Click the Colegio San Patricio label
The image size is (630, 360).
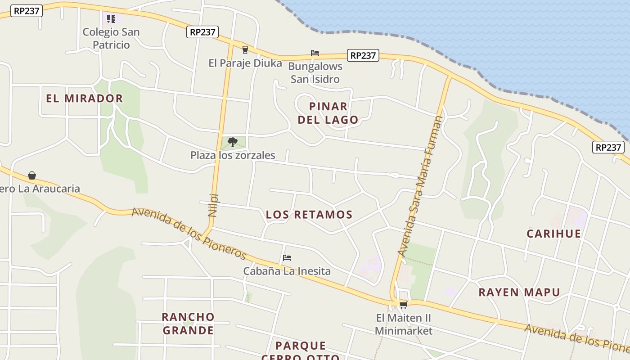pyautogui.click(x=111, y=38)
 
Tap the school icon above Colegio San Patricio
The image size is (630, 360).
pyautogui.click(x=111, y=19)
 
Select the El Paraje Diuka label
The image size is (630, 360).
pyautogui.click(x=245, y=63)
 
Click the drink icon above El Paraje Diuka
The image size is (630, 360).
pyautogui.click(x=245, y=49)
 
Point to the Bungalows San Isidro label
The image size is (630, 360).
pyautogui.click(x=315, y=72)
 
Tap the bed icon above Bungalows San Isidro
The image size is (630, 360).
pyautogui.click(x=315, y=53)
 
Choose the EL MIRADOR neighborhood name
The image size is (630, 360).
pyautogui.click(x=85, y=99)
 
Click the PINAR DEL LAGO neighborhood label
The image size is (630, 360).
pyautogui.click(x=328, y=113)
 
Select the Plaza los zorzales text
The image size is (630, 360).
pyautogui.click(x=233, y=155)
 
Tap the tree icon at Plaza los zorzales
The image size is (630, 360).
pyautogui.click(x=232, y=142)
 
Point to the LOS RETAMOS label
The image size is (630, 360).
pyautogui.click(x=309, y=215)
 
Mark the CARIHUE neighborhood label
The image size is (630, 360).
pyautogui.click(x=554, y=234)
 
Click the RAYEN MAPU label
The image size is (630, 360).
pyautogui.click(x=519, y=292)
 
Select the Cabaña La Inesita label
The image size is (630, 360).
pyautogui.click(x=287, y=271)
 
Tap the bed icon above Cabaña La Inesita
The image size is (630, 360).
pyautogui.click(x=287, y=258)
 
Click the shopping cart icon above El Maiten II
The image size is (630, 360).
pyautogui.click(x=403, y=305)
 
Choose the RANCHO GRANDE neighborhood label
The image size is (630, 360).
pyautogui.click(x=188, y=324)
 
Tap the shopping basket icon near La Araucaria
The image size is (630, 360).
pyautogui.click(x=32, y=175)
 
